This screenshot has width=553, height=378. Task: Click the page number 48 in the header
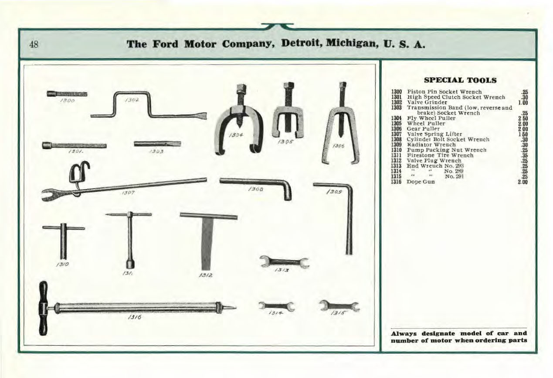34,45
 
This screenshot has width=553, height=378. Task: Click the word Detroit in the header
304,44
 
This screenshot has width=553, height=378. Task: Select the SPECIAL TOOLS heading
460,80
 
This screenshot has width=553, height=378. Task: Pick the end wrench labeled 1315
339,306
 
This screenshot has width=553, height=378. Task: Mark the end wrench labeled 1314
276,306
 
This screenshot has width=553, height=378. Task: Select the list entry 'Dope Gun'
421,182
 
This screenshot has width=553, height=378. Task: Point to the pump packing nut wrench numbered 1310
64,240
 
